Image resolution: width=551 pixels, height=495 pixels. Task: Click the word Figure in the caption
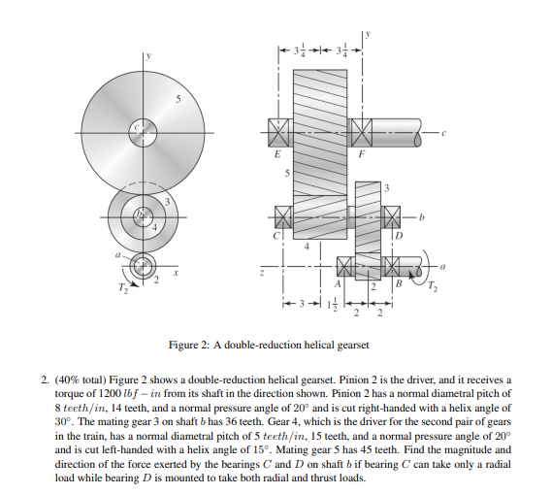click(x=182, y=345)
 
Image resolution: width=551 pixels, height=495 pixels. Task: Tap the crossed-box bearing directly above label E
click(x=278, y=131)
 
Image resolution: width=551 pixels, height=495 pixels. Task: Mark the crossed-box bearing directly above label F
click(x=361, y=131)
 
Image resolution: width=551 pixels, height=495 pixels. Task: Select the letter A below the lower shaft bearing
click(x=338, y=285)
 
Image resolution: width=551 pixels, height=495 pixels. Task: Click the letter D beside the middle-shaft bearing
click(x=396, y=236)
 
